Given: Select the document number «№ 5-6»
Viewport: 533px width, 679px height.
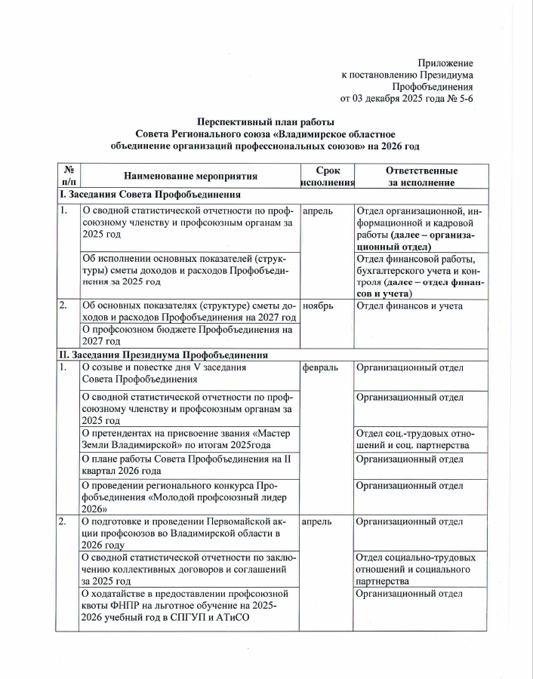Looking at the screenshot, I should (458, 98).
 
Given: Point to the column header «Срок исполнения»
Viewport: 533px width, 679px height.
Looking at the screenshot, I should (327, 177).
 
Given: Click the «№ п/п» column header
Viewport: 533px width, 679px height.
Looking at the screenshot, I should (68, 177).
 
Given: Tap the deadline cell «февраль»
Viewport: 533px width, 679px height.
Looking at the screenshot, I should (321, 367).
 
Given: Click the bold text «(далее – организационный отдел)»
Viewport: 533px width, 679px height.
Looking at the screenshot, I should (420, 240).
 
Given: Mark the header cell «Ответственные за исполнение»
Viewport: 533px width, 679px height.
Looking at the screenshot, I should (421, 177).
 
